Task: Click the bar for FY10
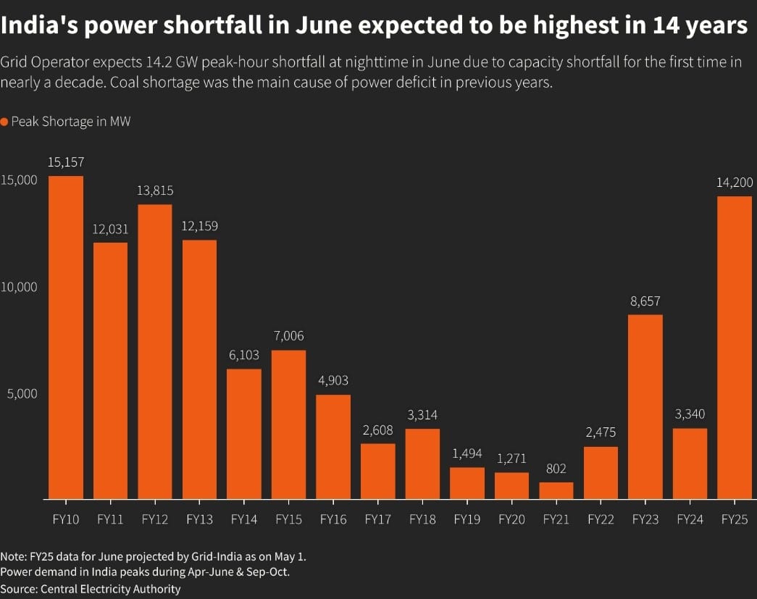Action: click(66, 338)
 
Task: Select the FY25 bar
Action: click(734, 348)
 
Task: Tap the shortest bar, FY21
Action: click(556, 490)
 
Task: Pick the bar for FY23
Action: click(645, 406)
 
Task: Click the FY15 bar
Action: click(288, 424)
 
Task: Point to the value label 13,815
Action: click(155, 190)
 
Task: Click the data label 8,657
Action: click(645, 301)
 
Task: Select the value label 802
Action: click(556, 469)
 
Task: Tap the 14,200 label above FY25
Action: click(734, 183)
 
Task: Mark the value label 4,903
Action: click(333, 380)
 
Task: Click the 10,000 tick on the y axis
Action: click(19, 287)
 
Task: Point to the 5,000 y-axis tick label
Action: click(22, 393)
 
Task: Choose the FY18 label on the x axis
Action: click(422, 519)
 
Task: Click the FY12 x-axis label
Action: click(155, 519)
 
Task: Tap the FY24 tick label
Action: click(690, 519)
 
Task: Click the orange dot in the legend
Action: click(4, 122)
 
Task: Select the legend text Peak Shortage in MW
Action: click(71, 122)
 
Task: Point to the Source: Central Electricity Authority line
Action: click(91, 588)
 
